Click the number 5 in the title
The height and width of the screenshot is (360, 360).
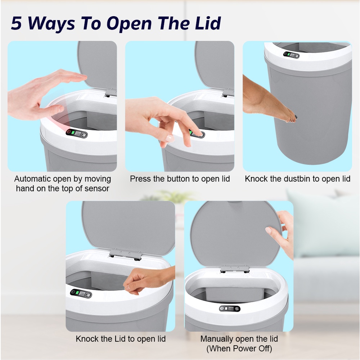[x=16, y=23]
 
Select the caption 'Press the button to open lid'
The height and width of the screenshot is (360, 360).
[x=180, y=179]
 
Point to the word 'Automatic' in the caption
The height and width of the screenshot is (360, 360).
[x=33, y=179]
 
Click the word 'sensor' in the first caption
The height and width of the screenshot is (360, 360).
[x=97, y=189]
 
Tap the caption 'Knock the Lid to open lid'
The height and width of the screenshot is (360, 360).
[x=121, y=339]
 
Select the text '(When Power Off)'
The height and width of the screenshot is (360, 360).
[x=239, y=348]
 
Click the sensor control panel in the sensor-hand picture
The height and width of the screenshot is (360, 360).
[x=77, y=134]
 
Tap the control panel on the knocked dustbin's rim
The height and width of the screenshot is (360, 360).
[x=291, y=55]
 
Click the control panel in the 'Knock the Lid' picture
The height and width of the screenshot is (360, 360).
[x=81, y=293]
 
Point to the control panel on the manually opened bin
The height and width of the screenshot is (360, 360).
[x=230, y=309]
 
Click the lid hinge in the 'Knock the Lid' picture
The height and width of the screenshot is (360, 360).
[x=125, y=255]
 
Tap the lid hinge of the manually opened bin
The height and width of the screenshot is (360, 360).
[x=235, y=269]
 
